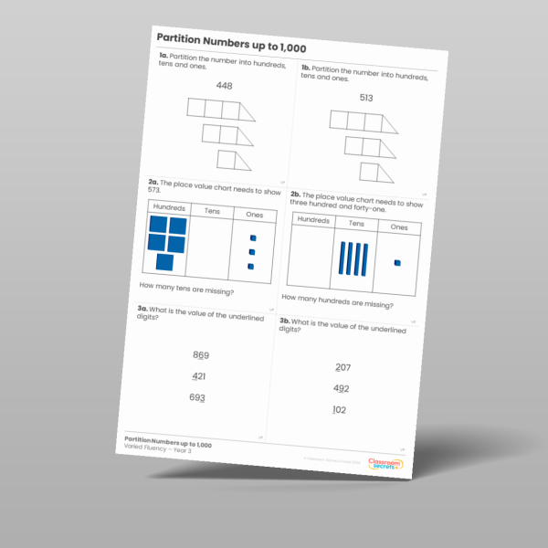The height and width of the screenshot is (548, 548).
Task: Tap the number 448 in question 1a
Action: coord(225,86)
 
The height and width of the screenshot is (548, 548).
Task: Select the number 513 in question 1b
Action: coord(366,98)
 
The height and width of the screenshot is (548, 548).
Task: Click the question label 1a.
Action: coord(163,57)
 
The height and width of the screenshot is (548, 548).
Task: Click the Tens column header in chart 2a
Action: coord(212,211)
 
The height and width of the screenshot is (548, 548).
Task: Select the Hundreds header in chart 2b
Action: coord(313,221)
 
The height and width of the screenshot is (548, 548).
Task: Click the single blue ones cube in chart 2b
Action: coord(396,264)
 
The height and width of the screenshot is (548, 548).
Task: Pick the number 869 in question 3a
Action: coord(201,355)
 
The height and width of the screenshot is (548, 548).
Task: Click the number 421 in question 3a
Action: coord(199,376)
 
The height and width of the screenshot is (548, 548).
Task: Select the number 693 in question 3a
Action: coord(197,397)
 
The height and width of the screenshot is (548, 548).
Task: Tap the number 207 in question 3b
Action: coord(342,367)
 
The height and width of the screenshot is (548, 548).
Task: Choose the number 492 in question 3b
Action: coord(341,388)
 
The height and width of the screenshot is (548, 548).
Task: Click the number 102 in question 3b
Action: coord(339,410)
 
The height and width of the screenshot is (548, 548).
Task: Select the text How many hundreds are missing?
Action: coord(337,302)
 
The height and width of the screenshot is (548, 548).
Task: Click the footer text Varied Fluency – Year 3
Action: coord(158,451)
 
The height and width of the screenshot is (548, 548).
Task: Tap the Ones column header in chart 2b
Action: coord(399,227)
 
